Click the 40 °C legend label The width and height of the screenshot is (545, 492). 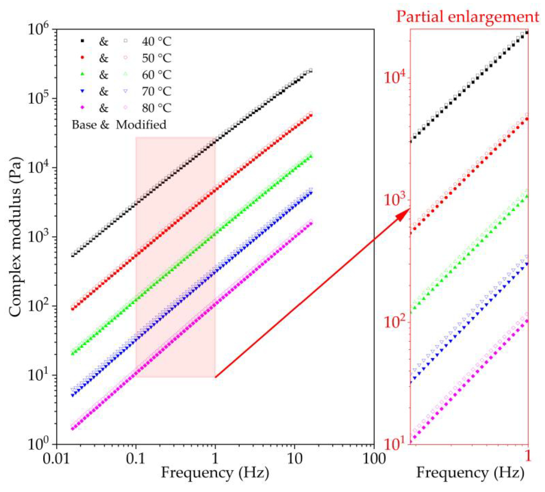(157, 41)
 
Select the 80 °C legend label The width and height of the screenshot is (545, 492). (157, 108)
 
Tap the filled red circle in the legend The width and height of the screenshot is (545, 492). (82, 58)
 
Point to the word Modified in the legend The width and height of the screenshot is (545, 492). (141, 125)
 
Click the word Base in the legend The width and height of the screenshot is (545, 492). (84, 125)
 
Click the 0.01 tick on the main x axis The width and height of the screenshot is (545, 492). (56, 459)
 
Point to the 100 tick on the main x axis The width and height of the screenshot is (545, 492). (374, 459)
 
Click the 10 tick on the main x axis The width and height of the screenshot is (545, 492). (294, 459)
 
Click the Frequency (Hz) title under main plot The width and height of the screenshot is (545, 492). (215, 473)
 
